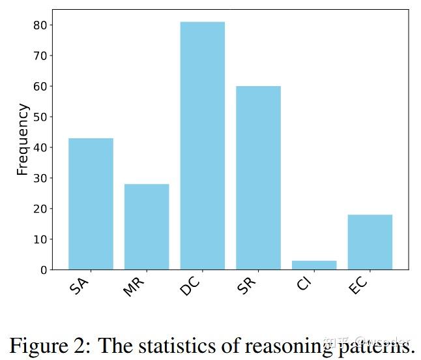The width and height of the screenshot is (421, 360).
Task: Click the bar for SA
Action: [91, 203]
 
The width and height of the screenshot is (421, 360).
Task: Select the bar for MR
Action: [147, 226]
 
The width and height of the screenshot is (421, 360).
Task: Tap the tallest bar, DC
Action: [203, 145]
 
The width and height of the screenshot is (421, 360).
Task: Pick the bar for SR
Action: [258, 177]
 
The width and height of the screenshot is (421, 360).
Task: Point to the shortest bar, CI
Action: [314, 265]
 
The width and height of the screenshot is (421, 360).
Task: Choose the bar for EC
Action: [370, 241]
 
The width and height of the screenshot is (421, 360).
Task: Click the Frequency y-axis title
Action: [22, 139]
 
